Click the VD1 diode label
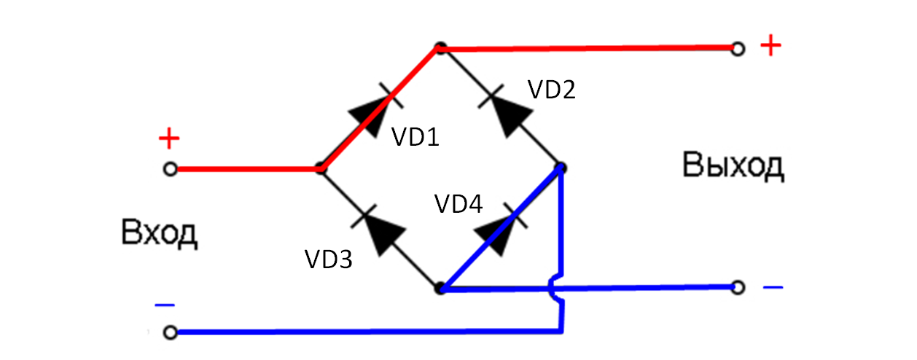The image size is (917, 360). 415,136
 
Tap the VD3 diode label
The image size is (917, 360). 328,259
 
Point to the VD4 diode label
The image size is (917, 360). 458,204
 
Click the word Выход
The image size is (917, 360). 733,166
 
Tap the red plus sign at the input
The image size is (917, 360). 168,138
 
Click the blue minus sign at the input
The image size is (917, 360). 165,305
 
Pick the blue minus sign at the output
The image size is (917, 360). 773,287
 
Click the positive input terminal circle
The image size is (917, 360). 170,169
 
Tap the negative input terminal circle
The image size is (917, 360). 170,333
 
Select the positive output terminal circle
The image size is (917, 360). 738,49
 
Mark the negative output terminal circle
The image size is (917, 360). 738,287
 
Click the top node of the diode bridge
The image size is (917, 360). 440,49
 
